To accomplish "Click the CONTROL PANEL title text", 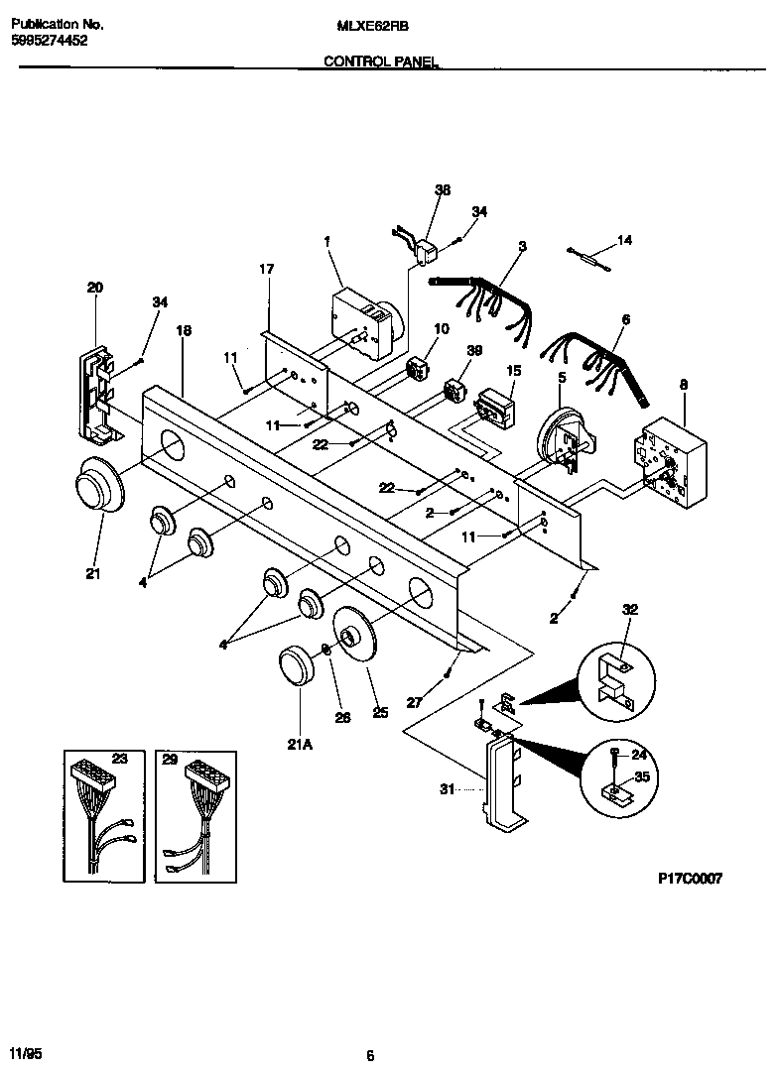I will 382,61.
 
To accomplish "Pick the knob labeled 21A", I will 296,664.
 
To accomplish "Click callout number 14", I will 624,239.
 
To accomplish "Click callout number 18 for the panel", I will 184,330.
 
